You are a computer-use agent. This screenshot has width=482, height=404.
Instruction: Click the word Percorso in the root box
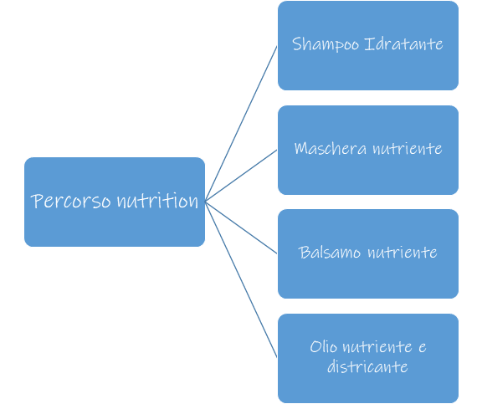tap(70, 201)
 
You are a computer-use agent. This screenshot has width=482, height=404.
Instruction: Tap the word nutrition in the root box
tap(157, 201)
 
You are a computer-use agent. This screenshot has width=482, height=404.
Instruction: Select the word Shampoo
tap(326, 44)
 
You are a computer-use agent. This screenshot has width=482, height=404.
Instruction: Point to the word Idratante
tap(403, 44)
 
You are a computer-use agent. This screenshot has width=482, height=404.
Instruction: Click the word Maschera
tap(331, 148)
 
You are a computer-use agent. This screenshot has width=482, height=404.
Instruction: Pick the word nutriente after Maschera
tap(408, 149)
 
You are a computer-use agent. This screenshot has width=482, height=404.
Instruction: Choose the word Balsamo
tap(329, 253)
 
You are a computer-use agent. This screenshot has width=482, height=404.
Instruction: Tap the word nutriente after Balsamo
tap(403, 253)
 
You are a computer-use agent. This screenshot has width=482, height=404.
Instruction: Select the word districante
tap(367, 366)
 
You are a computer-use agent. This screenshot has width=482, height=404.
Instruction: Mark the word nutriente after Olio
tap(377, 347)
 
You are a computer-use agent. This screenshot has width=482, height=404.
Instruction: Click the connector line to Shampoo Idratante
tap(241, 124)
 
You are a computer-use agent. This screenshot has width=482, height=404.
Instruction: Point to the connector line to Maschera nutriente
tap(241, 176)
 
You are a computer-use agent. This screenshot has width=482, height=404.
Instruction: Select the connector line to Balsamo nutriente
tap(241, 228)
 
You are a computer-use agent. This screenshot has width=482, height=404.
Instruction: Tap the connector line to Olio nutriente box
tap(241, 279)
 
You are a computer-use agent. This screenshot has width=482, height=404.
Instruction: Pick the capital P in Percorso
tap(37, 202)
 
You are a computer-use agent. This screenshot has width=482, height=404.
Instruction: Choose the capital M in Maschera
tap(301, 148)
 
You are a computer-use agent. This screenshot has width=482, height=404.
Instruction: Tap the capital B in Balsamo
tap(304, 253)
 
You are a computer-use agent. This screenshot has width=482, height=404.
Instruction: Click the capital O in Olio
tap(315, 347)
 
